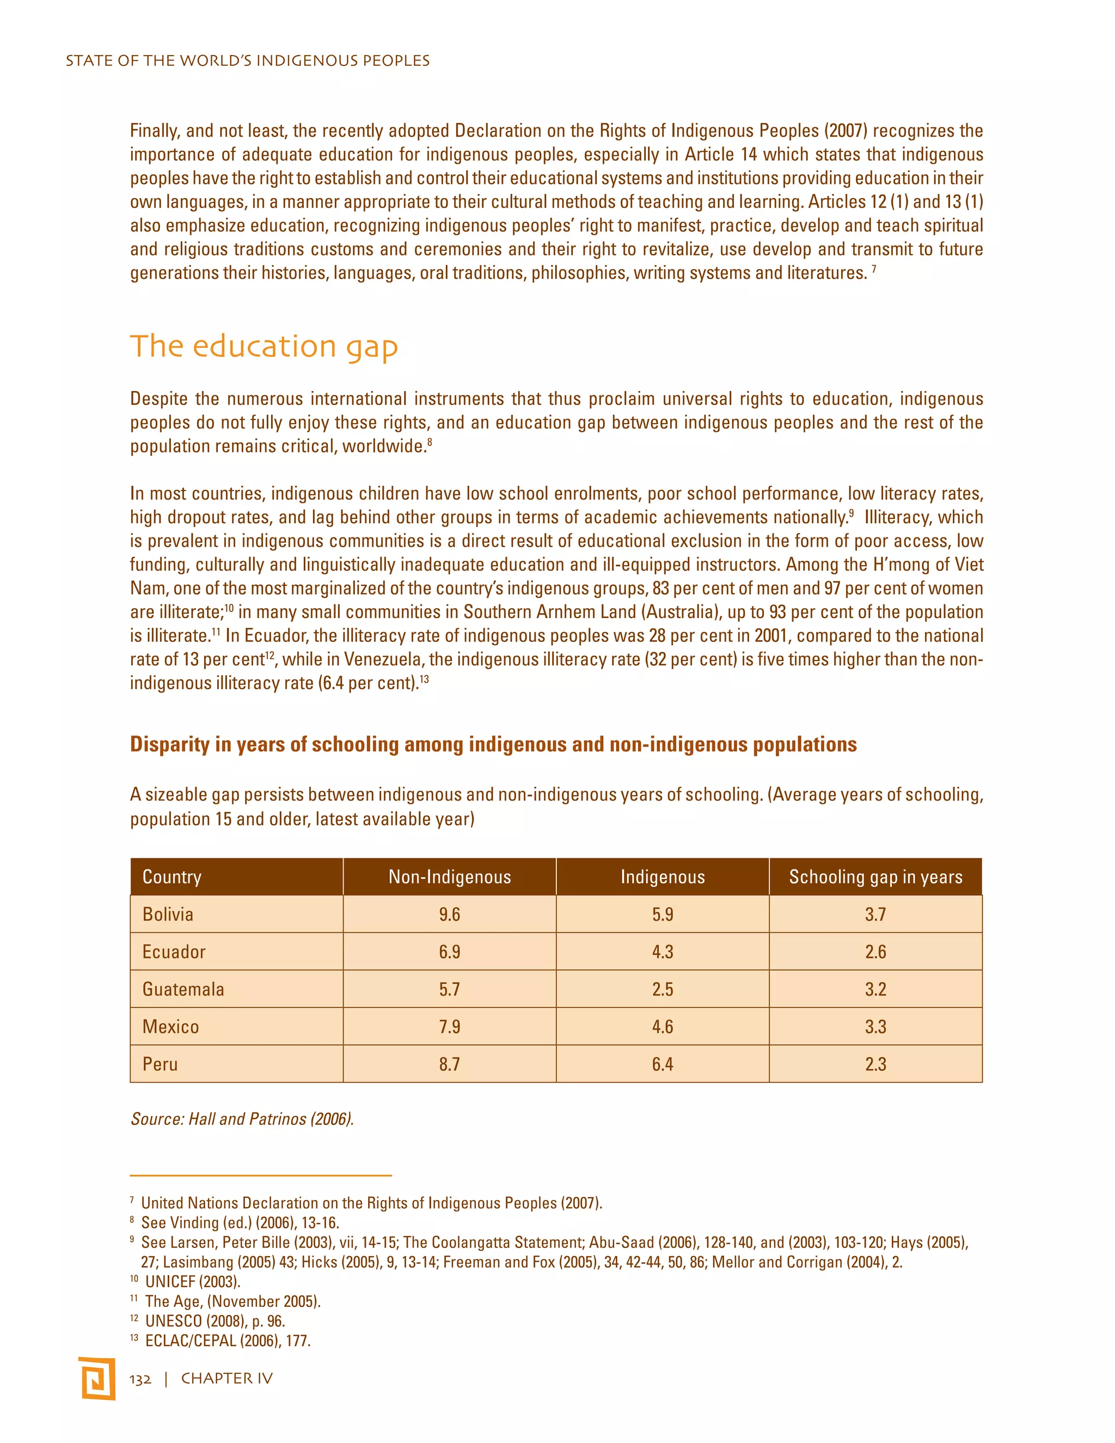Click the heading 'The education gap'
264,346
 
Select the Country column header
171,877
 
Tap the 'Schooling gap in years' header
875,877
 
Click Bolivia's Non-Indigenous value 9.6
449,914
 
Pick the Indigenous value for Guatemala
663,989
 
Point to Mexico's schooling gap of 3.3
875,1027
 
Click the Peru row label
160,1065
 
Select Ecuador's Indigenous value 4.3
663,952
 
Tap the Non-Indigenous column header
449,877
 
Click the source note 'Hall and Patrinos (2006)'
242,1118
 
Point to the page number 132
140,1379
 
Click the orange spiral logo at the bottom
97,1378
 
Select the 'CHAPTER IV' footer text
226,1379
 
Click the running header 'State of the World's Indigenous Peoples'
248,61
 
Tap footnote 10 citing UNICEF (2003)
192,1282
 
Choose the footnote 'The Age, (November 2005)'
232,1301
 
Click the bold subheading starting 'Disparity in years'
493,744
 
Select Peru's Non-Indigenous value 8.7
449,1065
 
